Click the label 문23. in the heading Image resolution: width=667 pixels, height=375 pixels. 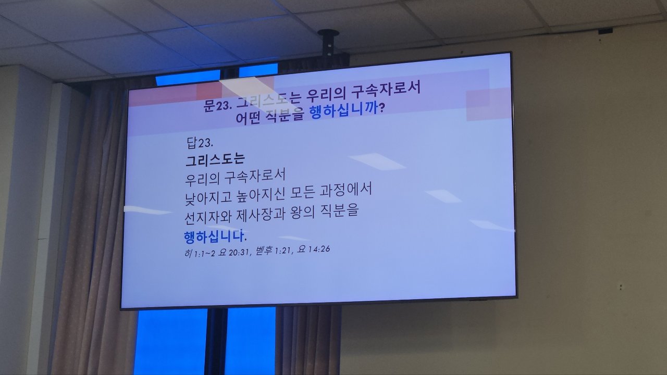(217, 106)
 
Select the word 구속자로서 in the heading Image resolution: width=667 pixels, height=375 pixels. (386, 90)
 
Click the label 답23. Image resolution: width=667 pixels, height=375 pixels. (200, 142)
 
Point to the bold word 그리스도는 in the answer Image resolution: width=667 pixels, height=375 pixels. (215, 160)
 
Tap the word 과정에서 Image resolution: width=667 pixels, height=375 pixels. (345, 191)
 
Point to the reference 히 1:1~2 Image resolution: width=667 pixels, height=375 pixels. (199, 254)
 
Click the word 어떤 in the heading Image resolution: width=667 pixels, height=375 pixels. (248, 118)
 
